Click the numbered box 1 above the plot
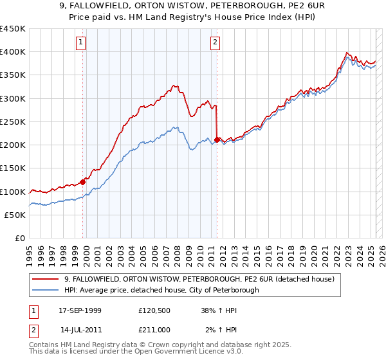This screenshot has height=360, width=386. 80,43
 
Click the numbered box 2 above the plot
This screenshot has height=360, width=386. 214,43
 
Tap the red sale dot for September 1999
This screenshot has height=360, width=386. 83,182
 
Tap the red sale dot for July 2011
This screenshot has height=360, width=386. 217,139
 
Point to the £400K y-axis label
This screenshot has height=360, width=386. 13,52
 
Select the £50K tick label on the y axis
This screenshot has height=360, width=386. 16,215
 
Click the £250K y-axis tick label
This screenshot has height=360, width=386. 13,122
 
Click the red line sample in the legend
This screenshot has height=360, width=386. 46,279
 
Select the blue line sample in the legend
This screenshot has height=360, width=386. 46,290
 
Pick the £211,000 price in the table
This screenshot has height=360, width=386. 154,330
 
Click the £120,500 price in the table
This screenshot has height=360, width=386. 154,310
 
